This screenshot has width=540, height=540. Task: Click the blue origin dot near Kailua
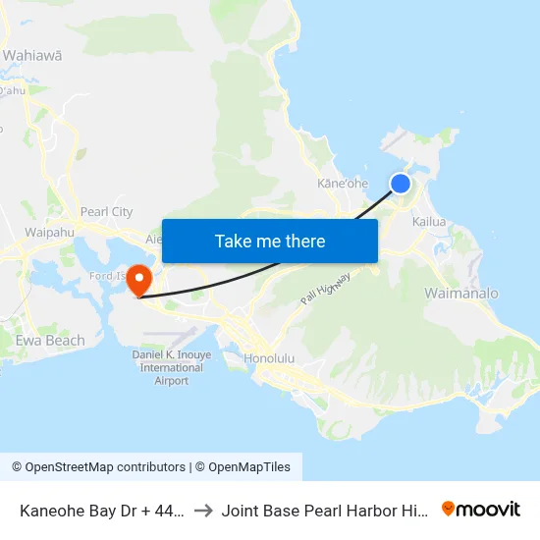401,184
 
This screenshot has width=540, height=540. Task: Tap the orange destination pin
138,279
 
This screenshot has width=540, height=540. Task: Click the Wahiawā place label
32,55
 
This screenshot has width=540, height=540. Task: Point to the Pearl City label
106,211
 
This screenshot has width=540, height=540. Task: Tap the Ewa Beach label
50,341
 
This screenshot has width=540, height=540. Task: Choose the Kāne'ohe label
343,184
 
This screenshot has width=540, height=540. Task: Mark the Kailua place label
429,222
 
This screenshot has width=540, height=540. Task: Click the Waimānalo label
461,294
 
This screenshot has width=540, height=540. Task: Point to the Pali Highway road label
326,288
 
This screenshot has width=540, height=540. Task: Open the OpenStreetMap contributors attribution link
98,467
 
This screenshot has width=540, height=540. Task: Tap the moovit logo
480,509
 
